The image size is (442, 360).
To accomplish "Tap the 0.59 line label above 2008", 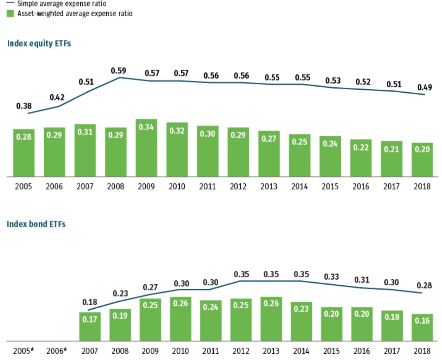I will (119, 71).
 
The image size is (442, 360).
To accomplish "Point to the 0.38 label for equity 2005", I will (24, 106).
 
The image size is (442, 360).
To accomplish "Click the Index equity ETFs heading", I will (39, 44).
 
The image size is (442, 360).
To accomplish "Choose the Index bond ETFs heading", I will (36, 224).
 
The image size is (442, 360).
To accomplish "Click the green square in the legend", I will (11, 14).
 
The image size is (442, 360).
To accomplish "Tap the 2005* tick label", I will (24, 351).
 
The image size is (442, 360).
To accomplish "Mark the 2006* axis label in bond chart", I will (56, 351).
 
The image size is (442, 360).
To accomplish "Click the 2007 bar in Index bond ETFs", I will (90, 326).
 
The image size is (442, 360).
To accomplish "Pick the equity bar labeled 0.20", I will (422, 160).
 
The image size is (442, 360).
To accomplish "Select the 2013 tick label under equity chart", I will (269, 187).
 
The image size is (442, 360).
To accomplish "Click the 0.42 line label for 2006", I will (57, 97).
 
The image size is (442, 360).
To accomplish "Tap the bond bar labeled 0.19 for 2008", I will (120, 325).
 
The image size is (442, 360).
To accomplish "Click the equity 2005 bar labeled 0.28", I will (24, 153).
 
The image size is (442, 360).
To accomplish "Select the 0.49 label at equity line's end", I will (425, 87).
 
